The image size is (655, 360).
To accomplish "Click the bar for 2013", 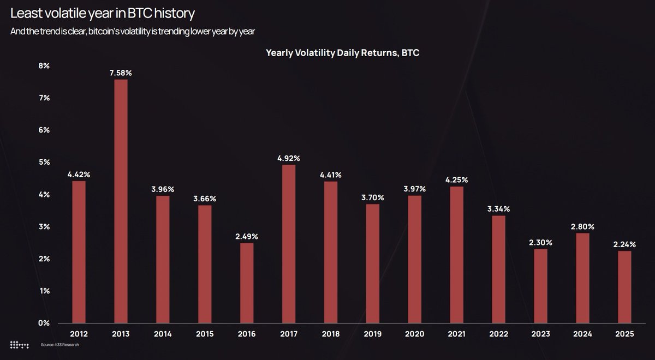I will [x=121, y=201].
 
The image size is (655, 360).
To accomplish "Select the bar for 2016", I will [x=247, y=283].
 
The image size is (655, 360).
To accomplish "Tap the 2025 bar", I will [x=625, y=287].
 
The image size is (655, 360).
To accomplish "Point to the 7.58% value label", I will [x=121, y=73].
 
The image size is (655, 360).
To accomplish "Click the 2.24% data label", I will [x=625, y=244].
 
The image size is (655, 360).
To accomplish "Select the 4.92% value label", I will [x=289, y=158].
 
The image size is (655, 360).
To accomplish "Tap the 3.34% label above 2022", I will [x=499, y=209].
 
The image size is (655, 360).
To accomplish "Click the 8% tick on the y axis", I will [x=44, y=65].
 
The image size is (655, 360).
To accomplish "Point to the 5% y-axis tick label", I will [x=44, y=162].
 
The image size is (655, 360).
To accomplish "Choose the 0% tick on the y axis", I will [x=44, y=323].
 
